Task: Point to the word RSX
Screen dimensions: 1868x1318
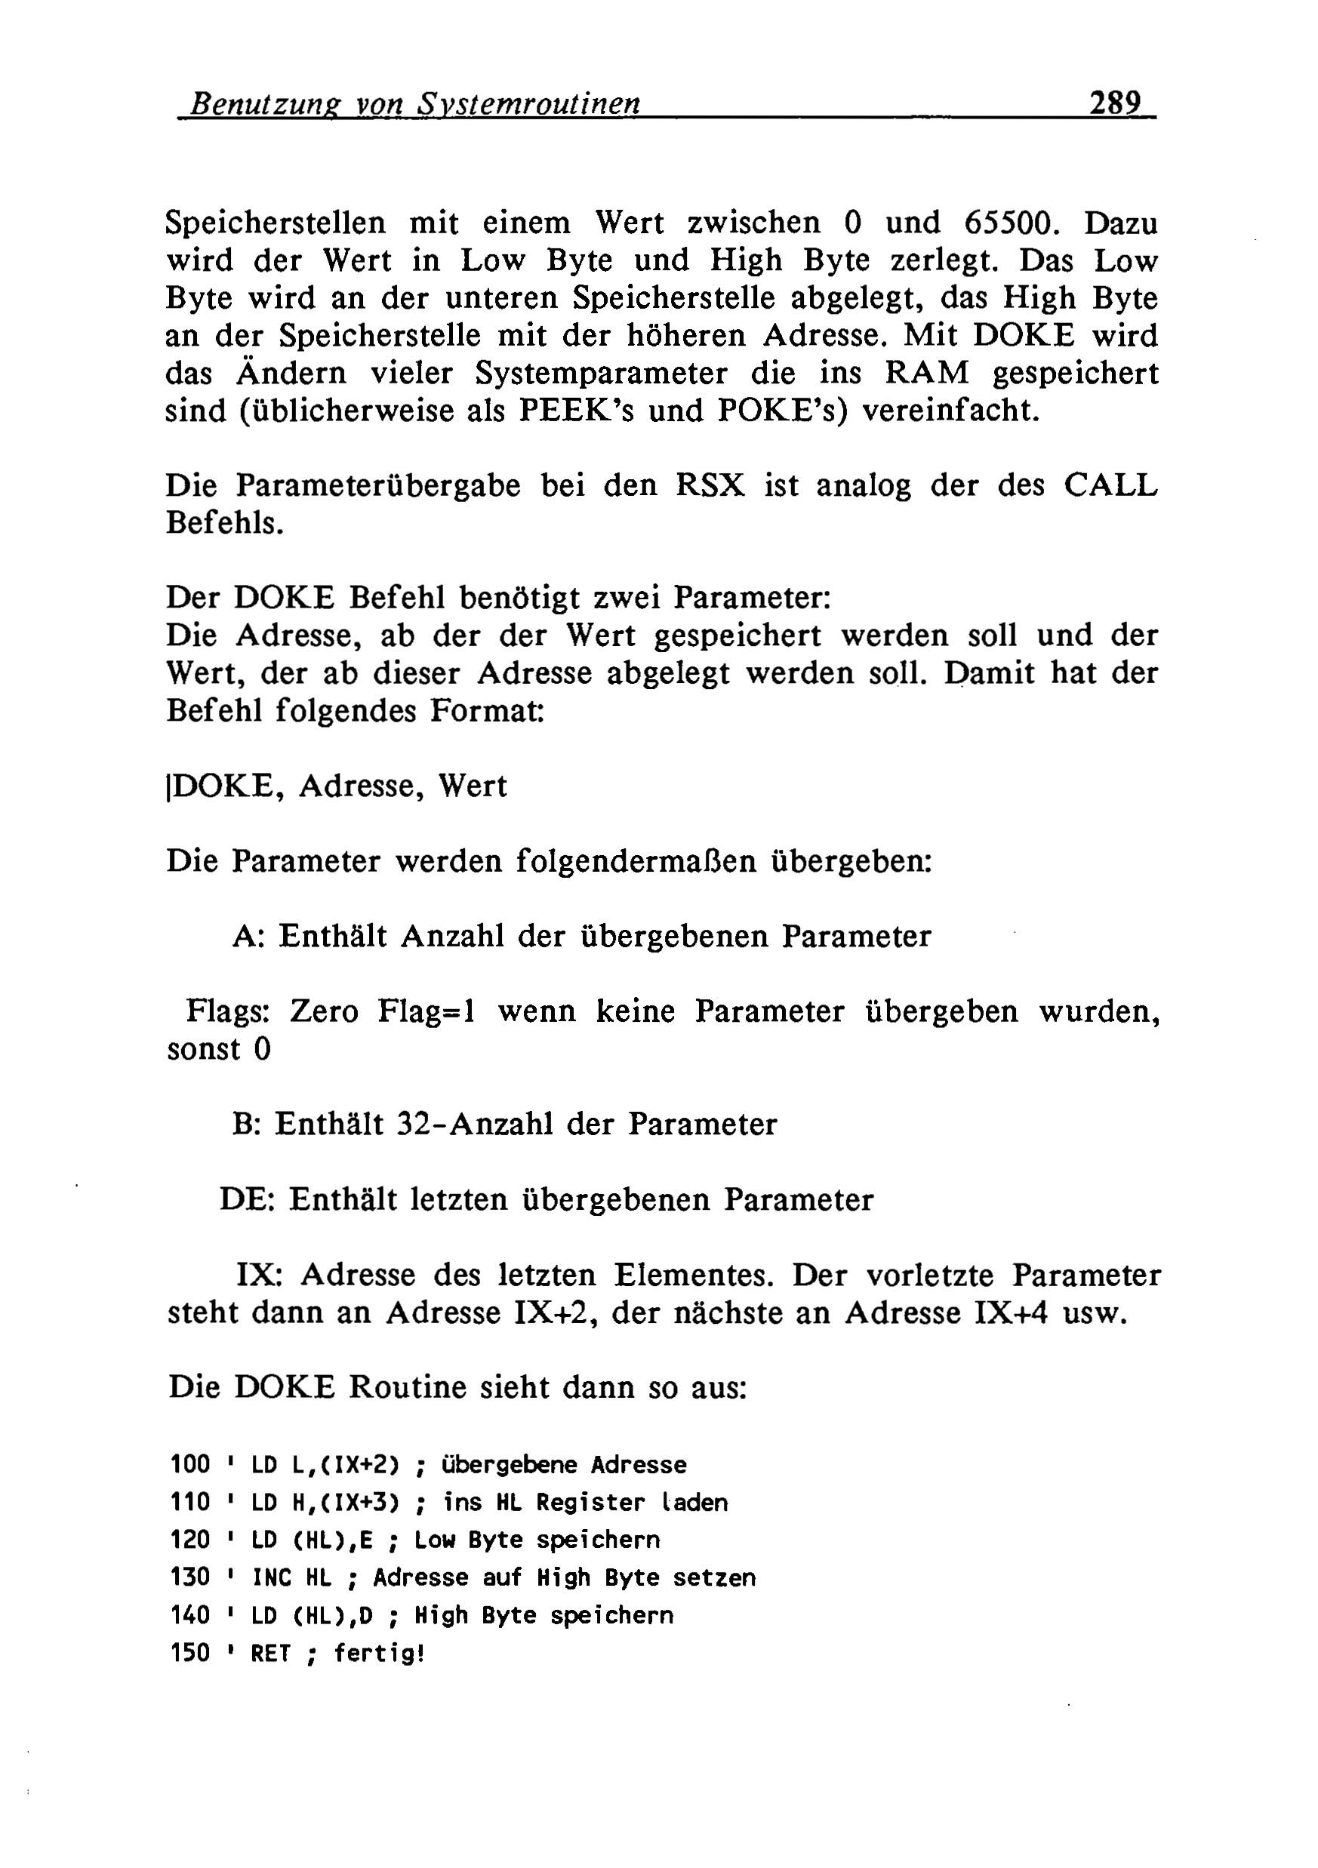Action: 710,486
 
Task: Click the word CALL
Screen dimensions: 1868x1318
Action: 1110,486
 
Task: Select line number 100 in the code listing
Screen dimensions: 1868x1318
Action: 191,1465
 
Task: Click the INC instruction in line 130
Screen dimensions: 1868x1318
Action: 272,1577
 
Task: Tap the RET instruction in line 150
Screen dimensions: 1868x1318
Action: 271,1653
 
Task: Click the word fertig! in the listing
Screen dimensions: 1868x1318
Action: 379,1653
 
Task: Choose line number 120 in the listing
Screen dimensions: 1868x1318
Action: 191,1540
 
